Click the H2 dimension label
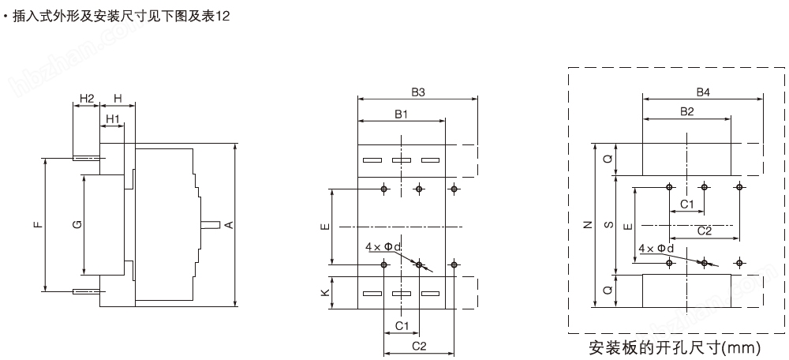[x=87, y=99]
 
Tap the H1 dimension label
[x=112, y=119]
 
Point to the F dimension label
[x=39, y=224]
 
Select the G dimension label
[x=77, y=224]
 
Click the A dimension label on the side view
[x=229, y=224]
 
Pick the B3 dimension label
[x=418, y=92]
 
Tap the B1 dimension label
[x=401, y=114]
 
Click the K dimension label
[x=326, y=292]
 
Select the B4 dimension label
[x=703, y=92]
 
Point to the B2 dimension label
[x=687, y=112]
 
